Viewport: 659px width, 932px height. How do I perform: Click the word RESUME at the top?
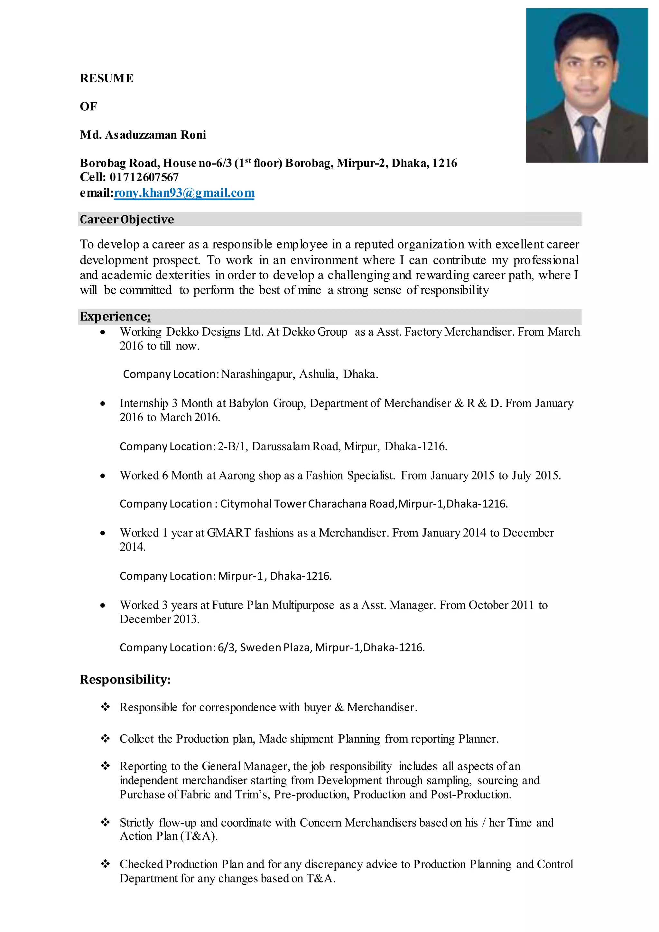106,78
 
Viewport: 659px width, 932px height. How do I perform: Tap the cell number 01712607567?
144,177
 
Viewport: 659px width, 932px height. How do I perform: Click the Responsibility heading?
125,679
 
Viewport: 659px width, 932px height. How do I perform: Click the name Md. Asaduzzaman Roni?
143,135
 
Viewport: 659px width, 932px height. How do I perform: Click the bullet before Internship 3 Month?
103,404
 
